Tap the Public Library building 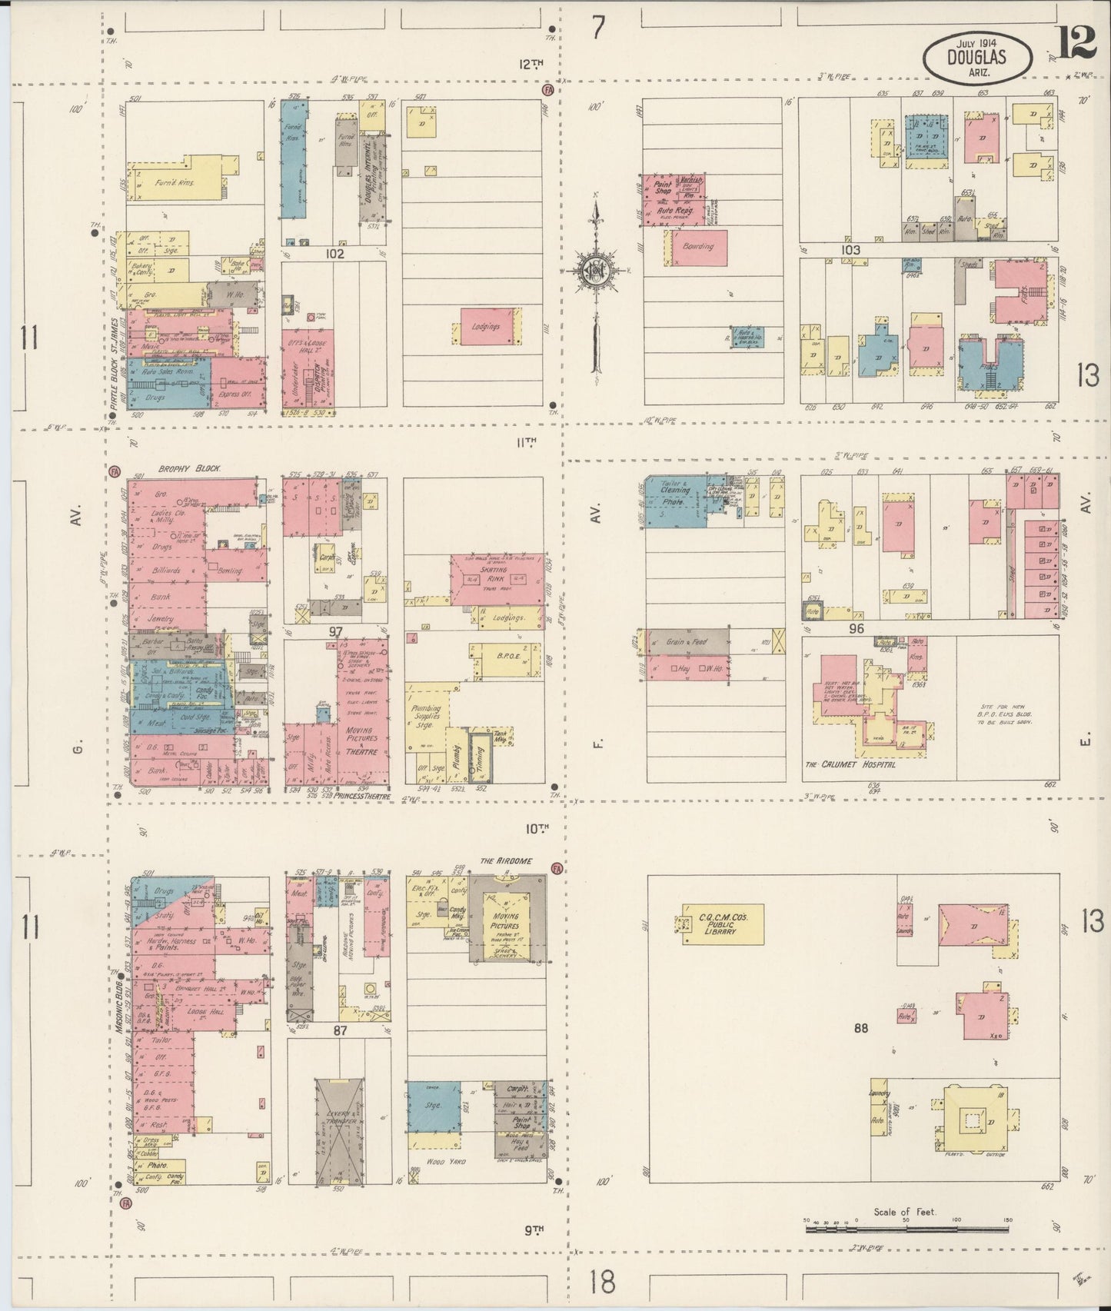[722, 923]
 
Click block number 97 [336, 631]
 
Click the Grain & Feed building [688, 641]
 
